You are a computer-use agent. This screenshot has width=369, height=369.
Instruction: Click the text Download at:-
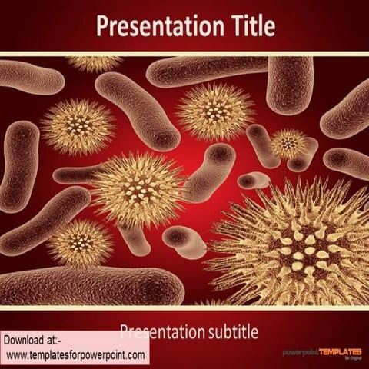pyautogui.click(x=35, y=340)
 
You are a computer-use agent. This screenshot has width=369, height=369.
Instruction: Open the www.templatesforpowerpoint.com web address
pyautogui.click(x=75, y=355)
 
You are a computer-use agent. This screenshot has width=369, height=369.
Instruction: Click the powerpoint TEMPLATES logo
pyautogui.click(x=321, y=352)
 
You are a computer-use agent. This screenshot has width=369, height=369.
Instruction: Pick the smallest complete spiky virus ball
pyautogui.click(x=288, y=143)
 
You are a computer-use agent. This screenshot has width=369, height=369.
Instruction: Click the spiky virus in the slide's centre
pyautogui.click(x=138, y=188)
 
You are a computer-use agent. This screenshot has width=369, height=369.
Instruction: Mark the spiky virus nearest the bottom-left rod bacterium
pyautogui.click(x=79, y=244)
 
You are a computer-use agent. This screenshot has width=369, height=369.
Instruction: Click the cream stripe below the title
pyautogui.click(x=184, y=54)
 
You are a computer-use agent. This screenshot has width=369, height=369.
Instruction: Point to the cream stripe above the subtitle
pyautogui.click(x=184, y=308)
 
